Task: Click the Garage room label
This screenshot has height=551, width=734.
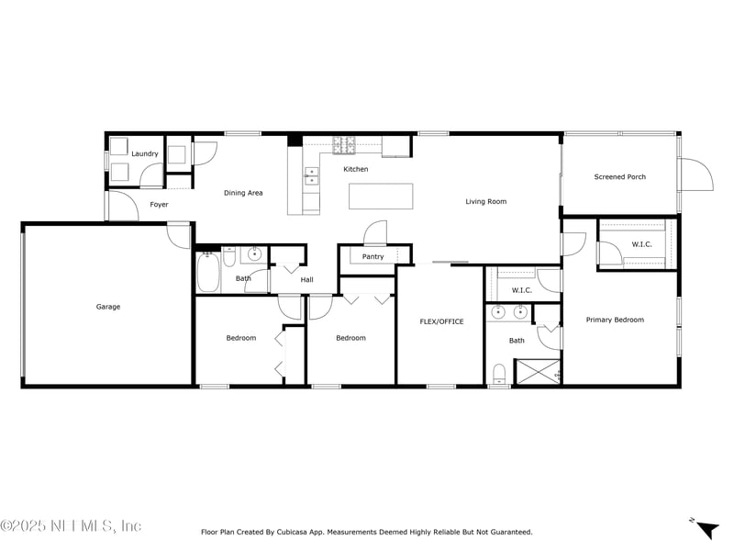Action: [108, 307]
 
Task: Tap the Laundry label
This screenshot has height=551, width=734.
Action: [145, 153]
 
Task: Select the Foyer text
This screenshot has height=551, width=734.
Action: [159, 205]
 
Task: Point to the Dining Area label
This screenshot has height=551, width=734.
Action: [243, 193]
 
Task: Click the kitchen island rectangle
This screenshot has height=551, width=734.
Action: [380, 197]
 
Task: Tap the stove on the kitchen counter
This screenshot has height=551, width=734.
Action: [344, 144]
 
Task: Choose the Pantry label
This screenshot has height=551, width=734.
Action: [373, 257]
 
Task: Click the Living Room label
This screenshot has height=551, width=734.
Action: [485, 201]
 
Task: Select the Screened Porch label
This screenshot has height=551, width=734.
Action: [619, 177]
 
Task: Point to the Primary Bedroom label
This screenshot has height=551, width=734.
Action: [615, 320]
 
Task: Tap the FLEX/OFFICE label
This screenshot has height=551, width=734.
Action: [441, 321]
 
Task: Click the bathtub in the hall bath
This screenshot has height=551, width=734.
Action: [207, 270]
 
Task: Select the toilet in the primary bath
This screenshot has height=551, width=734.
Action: [499, 373]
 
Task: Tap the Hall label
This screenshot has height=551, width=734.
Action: [306, 280]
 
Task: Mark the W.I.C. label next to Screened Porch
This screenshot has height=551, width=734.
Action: [640, 244]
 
